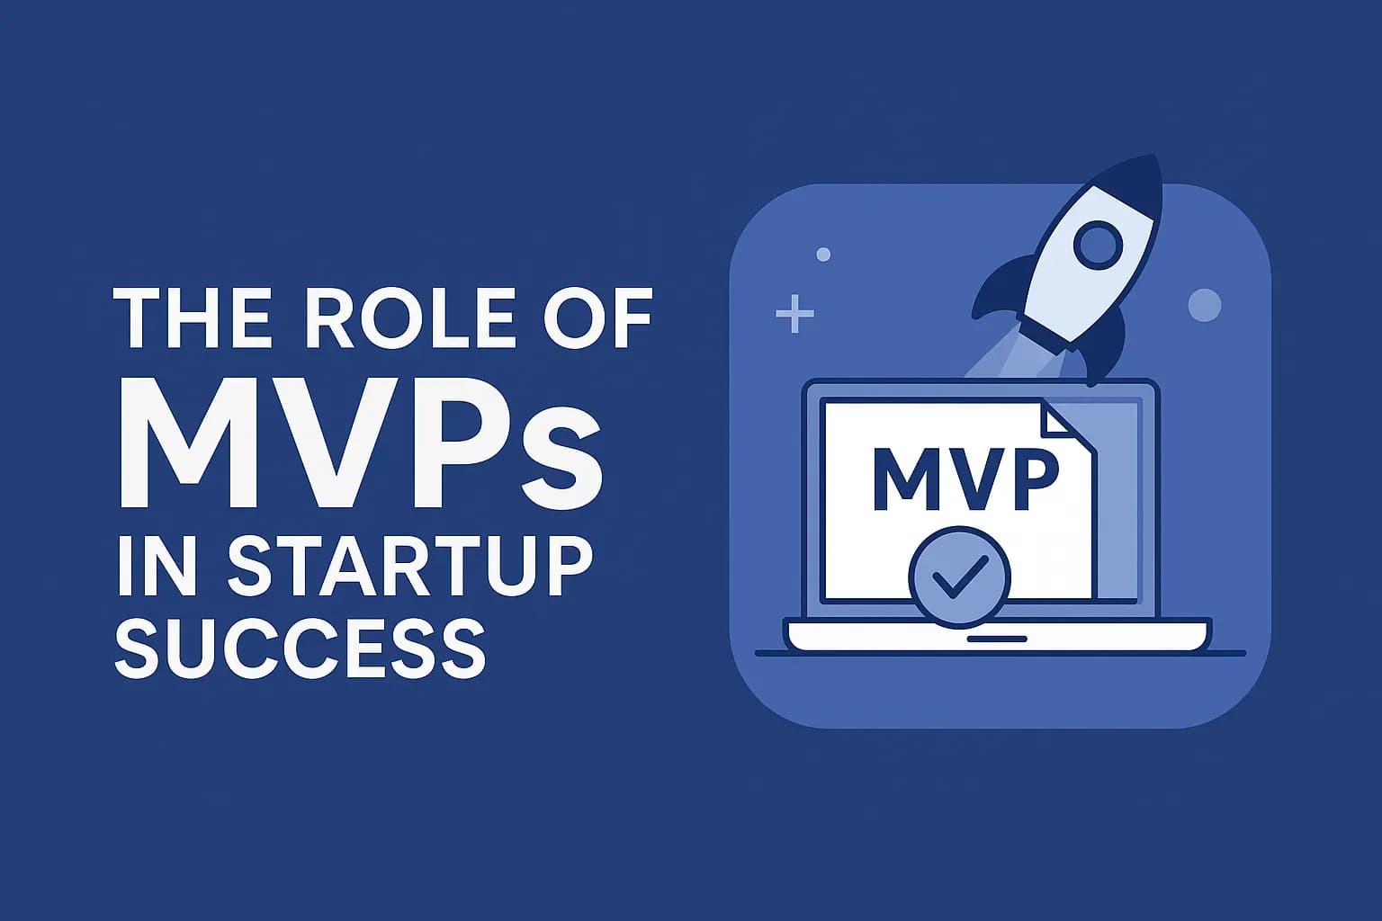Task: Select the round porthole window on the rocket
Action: [1098, 245]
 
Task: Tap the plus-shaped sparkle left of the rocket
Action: [794, 314]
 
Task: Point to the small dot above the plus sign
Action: [823, 255]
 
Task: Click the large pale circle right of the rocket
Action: [1204, 305]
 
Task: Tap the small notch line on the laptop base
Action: [997, 638]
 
